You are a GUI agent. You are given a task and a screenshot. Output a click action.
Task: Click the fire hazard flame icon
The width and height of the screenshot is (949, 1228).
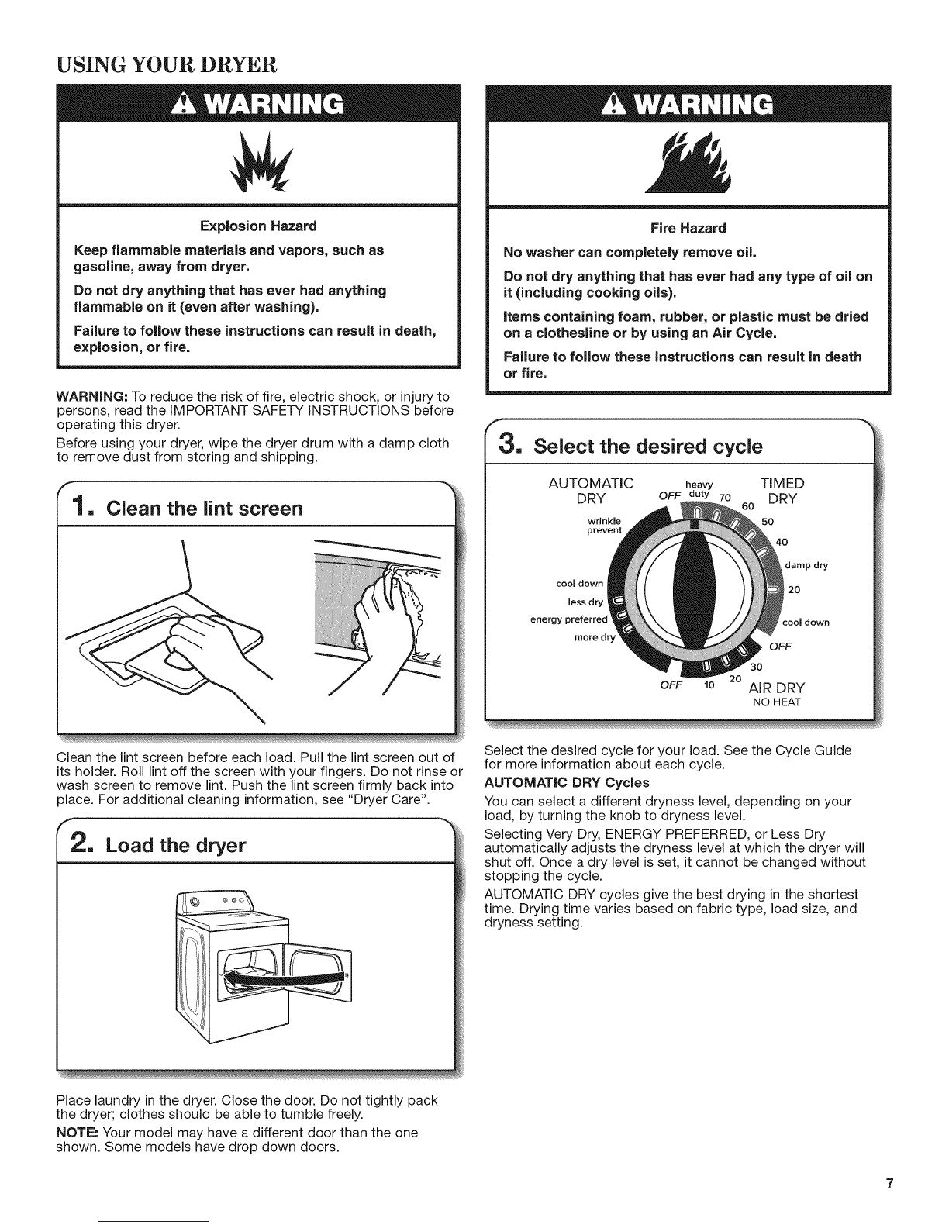click(x=689, y=163)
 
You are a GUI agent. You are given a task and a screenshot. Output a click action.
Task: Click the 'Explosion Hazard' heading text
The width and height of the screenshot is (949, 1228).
click(x=258, y=226)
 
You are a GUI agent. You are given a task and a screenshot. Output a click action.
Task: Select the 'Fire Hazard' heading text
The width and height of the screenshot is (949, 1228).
click(x=688, y=228)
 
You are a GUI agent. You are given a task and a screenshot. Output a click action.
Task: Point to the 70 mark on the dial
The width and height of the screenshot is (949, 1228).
click(x=725, y=497)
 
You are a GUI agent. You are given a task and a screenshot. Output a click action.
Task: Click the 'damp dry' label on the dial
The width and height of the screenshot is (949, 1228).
click(x=806, y=565)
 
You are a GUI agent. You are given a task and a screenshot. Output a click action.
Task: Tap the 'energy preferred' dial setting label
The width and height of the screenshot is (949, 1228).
click(x=568, y=619)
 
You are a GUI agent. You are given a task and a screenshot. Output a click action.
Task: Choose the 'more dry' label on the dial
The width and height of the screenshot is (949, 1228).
click(x=595, y=637)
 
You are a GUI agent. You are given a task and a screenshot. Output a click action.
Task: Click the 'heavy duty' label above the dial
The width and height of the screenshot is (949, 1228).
click(x=699, y=489)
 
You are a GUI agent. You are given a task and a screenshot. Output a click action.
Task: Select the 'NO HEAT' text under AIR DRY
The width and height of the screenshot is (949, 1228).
click(x=777, y=702)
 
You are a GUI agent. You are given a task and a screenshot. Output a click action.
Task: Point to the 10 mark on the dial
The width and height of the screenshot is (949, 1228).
click(x=709, y=685)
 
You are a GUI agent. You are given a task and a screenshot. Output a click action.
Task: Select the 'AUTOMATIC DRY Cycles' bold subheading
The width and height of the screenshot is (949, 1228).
click(x=567, y=783)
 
